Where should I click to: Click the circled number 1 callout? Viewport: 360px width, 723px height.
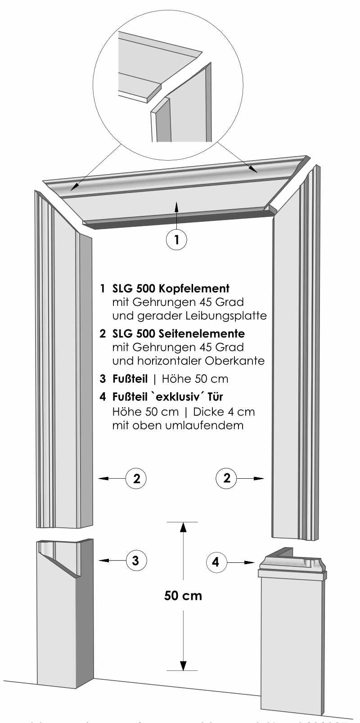177,239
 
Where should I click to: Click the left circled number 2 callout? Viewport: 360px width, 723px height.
136,478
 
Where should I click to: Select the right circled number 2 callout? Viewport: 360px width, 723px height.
226,477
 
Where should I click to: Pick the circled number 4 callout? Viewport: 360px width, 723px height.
216,561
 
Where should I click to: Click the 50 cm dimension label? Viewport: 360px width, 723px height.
183,596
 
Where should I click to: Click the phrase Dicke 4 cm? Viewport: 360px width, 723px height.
224,412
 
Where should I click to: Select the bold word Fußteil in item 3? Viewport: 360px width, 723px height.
130,379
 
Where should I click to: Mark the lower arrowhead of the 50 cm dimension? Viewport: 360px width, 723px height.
183,665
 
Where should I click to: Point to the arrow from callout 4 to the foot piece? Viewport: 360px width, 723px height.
242,562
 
